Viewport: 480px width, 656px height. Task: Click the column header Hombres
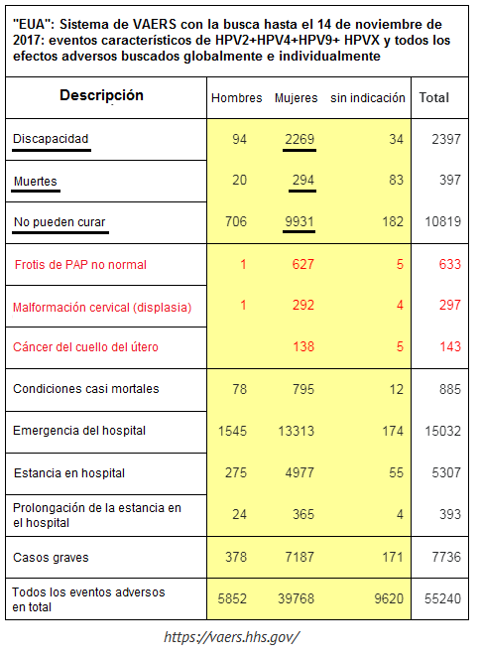click(x=236, y=98)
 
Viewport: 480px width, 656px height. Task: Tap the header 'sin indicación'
click(x=367, y=98)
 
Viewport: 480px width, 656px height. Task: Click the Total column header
click(x=434, y=98)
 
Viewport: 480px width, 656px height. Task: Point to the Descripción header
click(x=101, y=96)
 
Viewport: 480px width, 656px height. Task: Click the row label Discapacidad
click(x=52, y=139)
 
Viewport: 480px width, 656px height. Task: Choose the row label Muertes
click(x=36, y=181)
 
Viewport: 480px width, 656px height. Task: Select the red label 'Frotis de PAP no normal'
click(x=80, y=265)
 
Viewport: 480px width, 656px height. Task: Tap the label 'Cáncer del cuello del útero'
click(x=85, y=347)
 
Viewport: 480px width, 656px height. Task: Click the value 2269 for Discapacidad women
click(x=300, y=139)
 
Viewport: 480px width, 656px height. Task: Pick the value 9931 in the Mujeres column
click(x=300, y=221)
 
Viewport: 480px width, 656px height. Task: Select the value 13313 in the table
click(x=297, y=431)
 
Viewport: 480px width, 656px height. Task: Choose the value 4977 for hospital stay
click(x=300, y=473)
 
